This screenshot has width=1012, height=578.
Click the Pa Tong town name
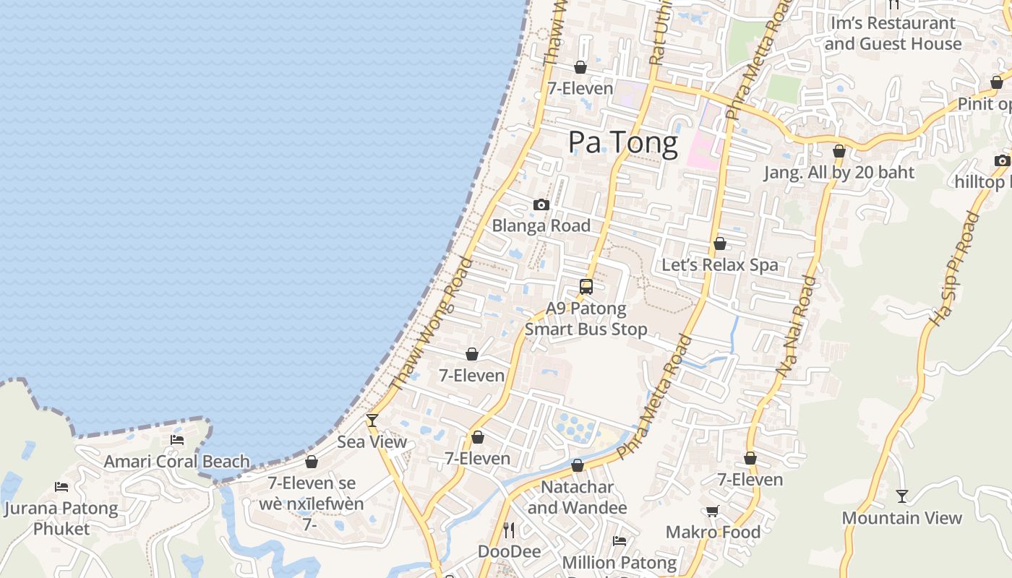pos(622,142)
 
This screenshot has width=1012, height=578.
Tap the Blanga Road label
pos(541,225)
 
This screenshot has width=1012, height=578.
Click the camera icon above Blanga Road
pos(541,205)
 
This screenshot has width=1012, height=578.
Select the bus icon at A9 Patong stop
pos(586,287)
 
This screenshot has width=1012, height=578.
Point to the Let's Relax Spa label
pos(720,264)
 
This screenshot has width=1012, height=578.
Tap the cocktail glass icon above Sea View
pos(372,420)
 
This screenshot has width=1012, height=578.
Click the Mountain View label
pos(901,517)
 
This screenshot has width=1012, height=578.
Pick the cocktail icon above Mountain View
pos(901,496)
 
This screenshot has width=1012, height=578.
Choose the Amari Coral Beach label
pos(177,461)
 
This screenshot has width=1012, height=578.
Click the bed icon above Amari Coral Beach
pos(177,439)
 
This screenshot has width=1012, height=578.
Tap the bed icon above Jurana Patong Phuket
pos(61,488)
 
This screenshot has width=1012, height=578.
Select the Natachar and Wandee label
pos(577,497)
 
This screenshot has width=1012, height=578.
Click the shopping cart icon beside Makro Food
pos(712,512)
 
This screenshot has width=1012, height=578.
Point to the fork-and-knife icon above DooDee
pos(509,530)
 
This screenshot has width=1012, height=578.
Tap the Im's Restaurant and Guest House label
pos(893,33)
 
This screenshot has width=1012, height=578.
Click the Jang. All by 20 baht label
pos(839,173)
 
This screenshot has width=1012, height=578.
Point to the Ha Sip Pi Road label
pos(953,268)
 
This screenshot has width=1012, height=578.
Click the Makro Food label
pos(713,532)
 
